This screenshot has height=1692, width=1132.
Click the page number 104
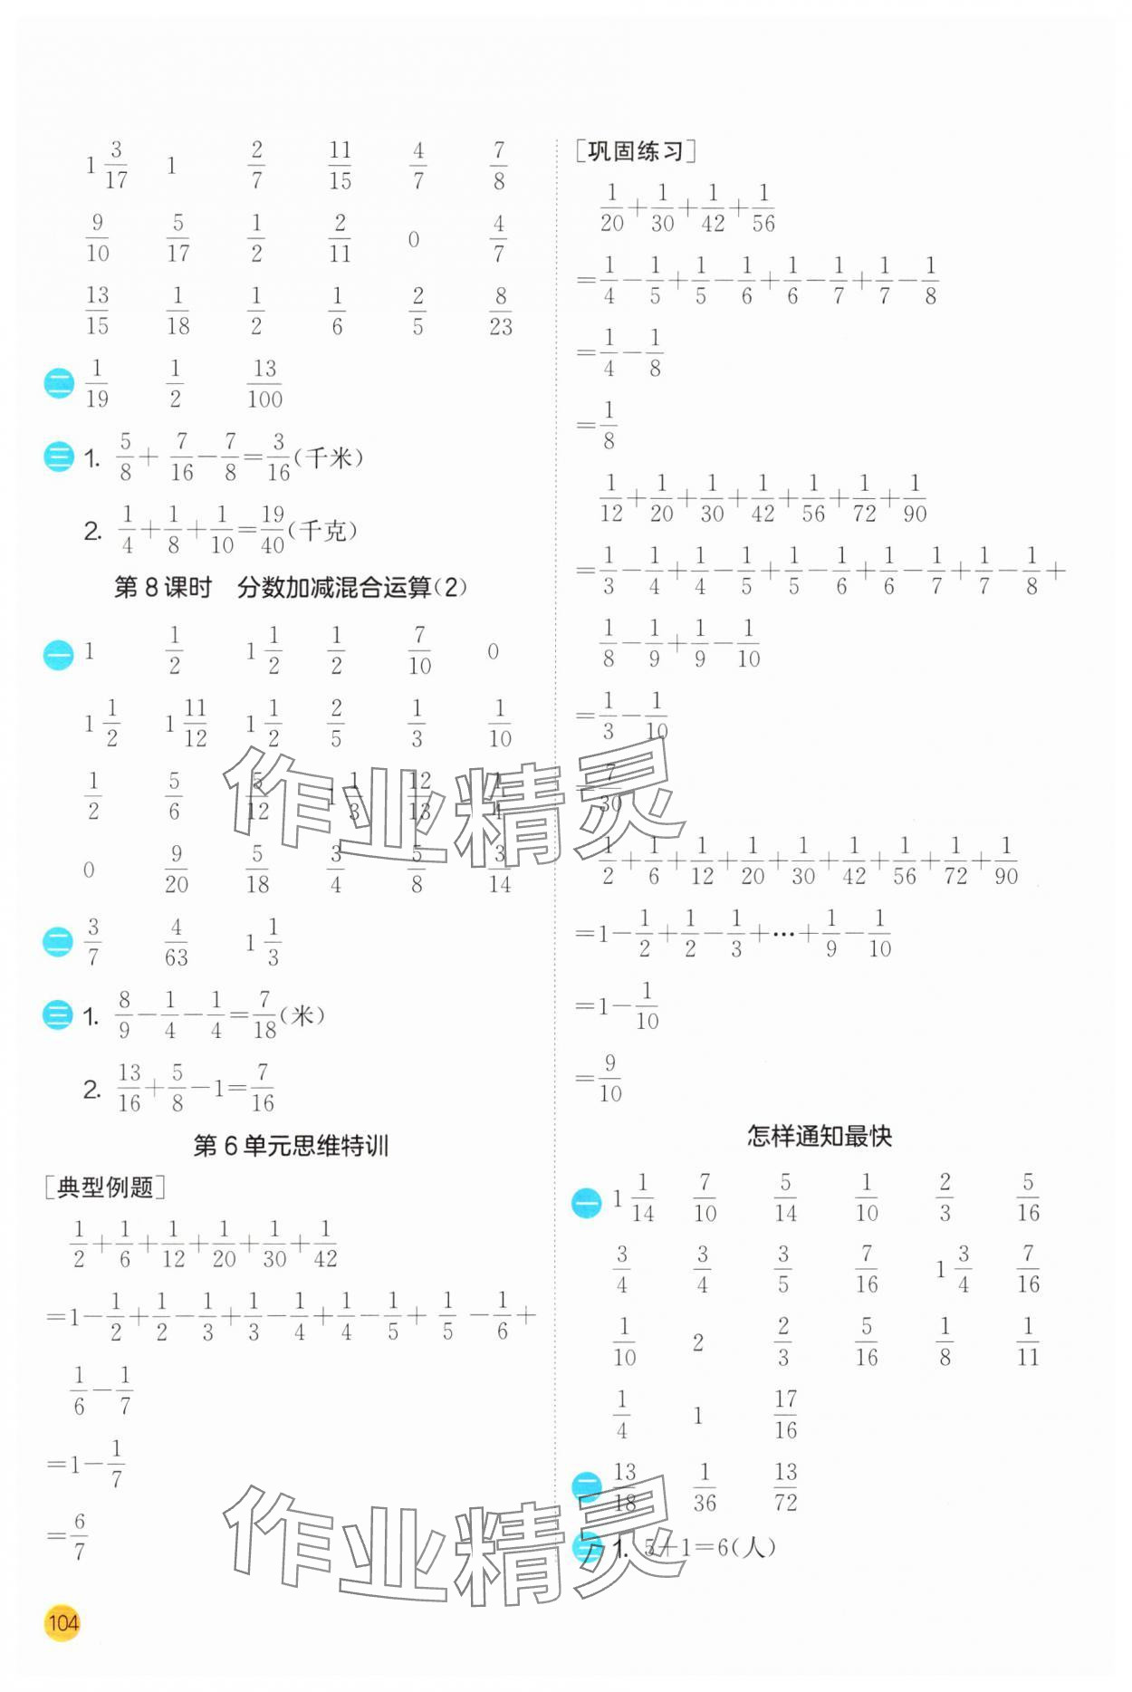62,1621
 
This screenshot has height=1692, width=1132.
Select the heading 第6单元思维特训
291,1146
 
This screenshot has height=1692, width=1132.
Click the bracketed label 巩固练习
635,151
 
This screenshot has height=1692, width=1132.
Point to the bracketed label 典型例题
105,1187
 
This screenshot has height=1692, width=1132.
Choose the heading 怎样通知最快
819,1136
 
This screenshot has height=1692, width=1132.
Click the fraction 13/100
264,383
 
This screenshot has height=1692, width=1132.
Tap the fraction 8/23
501,311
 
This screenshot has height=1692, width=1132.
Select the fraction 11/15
340,165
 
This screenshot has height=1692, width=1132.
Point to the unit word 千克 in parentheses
322,530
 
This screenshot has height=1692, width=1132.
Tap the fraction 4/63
177,942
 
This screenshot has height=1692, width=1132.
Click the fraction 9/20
177,870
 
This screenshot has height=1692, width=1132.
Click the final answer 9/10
609,1078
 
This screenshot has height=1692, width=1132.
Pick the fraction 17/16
785,1414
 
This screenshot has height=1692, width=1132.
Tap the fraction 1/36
704,1487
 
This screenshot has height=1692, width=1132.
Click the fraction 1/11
1027,1341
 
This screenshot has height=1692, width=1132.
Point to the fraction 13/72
785,1487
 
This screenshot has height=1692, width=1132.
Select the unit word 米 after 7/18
302,1015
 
